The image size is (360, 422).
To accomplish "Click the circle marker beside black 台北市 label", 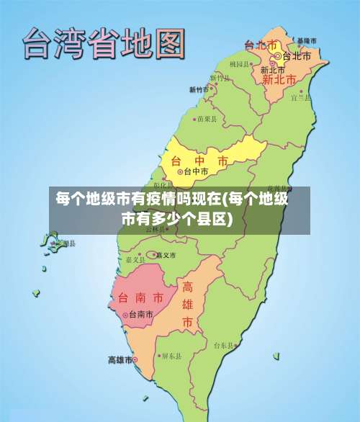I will coord(277,55).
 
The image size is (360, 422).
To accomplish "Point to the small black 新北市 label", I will coord(273,70).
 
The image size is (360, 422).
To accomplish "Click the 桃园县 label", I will coord(240,64).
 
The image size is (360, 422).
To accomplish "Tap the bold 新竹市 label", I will coord(199,90).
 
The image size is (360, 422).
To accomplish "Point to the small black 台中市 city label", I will coord(196,172).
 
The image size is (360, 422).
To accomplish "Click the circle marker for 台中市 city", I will coord(180,172).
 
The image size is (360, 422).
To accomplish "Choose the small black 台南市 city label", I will coord(140,315).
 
